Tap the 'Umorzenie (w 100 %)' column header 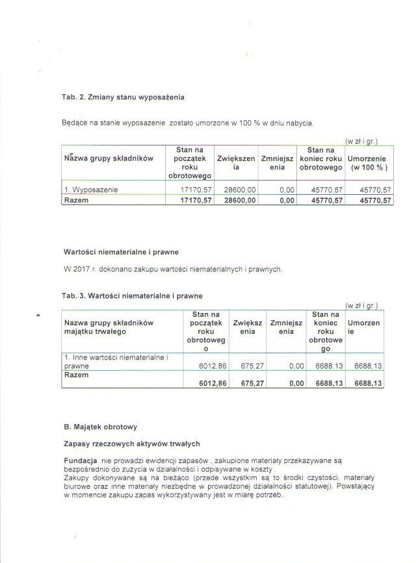click(x=369, y=162)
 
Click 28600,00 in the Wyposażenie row click(x=240, y=190)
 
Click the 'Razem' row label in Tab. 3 click(x=76, y=375)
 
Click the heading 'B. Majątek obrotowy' click(x=100, y=427)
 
